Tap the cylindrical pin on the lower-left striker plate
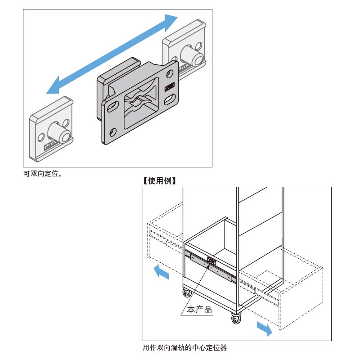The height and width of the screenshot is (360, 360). pyautogui.click(x=58, y=132)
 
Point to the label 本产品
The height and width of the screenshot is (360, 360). pyautogui.click(x=199, y=310)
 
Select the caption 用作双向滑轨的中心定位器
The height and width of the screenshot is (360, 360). pyautogui.click(x=184, y=348)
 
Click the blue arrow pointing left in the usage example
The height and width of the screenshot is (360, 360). pyautogui.click(x=160, y=273)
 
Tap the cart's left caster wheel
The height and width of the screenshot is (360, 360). pyautogui.click(x=186, y=292)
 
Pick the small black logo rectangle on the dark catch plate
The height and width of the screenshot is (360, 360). pyautogui.click(x=170, y=86)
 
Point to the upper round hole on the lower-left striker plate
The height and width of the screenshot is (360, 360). pyautogui.click(x=66, y=122)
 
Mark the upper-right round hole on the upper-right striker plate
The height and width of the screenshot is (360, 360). pyautogui.click(x=198, y=45)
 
